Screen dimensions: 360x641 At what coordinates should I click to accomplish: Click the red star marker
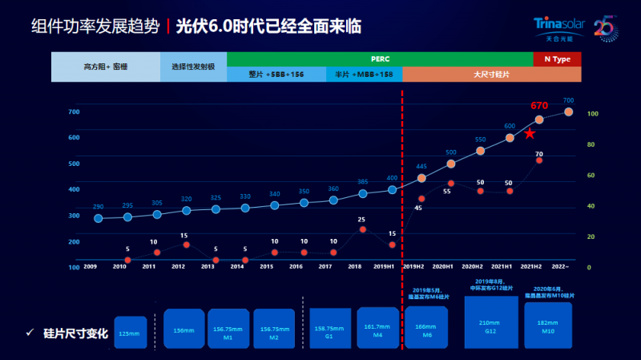coord(530,133)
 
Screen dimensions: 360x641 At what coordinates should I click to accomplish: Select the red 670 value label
coord(538,106)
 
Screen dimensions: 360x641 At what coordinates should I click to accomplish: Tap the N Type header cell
coord(557,59)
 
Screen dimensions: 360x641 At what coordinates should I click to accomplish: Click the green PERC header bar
coord(380,59)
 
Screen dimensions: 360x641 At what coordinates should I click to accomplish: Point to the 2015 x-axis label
coord(267,265)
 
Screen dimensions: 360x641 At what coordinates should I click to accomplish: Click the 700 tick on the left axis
coord(74,111)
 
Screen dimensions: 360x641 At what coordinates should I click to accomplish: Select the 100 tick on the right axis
coord(593,114)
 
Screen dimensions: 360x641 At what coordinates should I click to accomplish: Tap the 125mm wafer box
coord(131,332)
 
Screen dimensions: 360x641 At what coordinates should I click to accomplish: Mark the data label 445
coord(421,167)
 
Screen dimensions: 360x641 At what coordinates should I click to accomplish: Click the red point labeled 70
coord(539,160)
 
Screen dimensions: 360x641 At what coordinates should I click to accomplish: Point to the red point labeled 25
coord(362,229)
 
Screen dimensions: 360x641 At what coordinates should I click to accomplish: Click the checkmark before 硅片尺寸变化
coord(29,333)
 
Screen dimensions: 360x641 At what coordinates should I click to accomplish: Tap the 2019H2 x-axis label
coord(413,265)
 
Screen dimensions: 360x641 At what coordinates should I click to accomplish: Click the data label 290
coord(98,207)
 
